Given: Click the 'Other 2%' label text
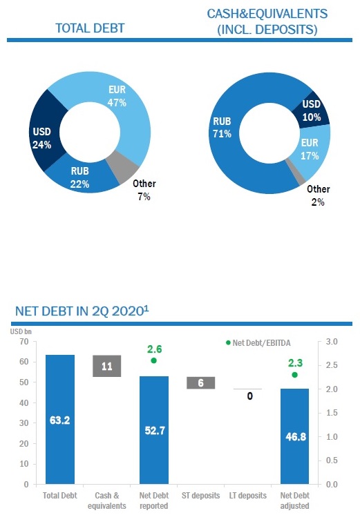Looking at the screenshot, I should tap(318, 195).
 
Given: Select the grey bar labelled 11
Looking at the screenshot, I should tap(107, 367).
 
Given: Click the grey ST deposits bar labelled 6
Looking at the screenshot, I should tap(200, 382).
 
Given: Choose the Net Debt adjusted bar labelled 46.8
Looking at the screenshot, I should tap(294, 436).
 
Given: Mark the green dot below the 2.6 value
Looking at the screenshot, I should tap(153, 360).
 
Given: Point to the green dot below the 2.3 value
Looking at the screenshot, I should tap(294, 375).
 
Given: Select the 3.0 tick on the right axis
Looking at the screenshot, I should tap(332, 342).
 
